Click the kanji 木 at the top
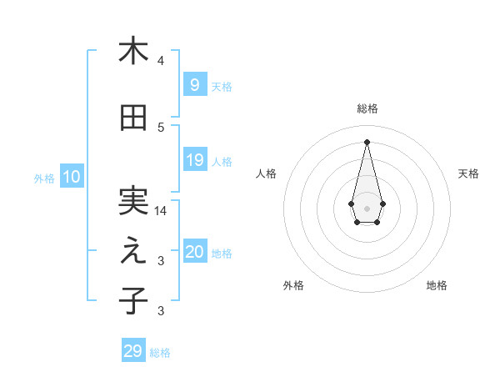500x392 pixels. pyautogui.click(x=132, y=51)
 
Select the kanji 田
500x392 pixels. pyautogui.click(x=132, y=118)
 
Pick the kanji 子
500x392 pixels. pyautogui.click(x=132, y=300)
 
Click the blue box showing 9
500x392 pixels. pyautogui.click(x=194, y=84)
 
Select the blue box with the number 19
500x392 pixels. pyautogui.click(x=194, y=160)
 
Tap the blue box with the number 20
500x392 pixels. pyautogui.click(x=194, y=253)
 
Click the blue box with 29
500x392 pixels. pyautogui.click(x=133, y=351)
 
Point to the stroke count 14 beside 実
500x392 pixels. pyautogui.click(x=161, y=211)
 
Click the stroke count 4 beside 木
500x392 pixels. pyautogui.click(x=161, y=61)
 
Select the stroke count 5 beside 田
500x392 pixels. pyautogui.click(x=161, y=128)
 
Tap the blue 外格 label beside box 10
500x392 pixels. pyautogui.click(x=44, y=178)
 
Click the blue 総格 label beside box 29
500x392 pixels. pyautogui.click(x=160, y=353)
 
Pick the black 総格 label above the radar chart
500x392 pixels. pyautogui.click(x=367, y=108)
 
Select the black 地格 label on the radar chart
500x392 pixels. pyautogui.click(x=437, y=285)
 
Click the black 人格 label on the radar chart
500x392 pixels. pyautogui.click(x=266, y=173)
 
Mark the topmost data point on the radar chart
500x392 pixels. pyautogui.click(x=367, y=141)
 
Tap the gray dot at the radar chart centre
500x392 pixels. pyautogui.click(x=367, y=208)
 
